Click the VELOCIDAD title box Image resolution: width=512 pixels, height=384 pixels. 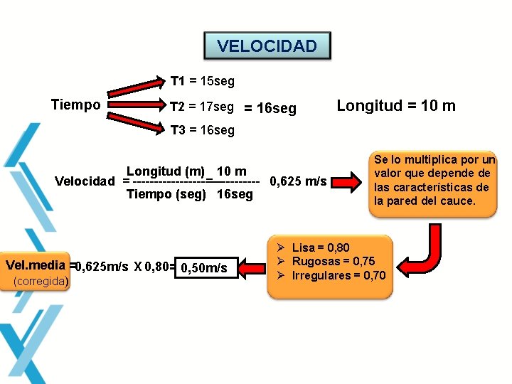click(267, 46)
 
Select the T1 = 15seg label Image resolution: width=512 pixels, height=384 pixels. click(202, 82)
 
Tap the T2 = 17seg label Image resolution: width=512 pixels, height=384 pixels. click(202, 107)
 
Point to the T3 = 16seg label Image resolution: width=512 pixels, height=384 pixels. click(202, 130)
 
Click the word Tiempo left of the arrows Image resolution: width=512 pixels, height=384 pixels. click(76, 105)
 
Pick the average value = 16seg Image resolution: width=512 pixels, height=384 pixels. click(270, 109)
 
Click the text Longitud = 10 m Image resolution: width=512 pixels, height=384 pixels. click(396, 106)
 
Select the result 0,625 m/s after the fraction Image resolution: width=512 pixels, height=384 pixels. click(298, 181)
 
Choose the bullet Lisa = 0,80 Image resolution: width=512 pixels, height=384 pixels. click(321, 247)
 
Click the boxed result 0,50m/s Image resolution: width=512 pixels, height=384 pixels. click(204, 267)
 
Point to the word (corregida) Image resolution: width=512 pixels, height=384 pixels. click(41, 282)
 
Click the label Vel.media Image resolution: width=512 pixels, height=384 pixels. click(36, 265)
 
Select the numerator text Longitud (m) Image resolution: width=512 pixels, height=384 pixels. click(165, 171)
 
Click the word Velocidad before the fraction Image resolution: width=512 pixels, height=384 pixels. click(85, 181)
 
